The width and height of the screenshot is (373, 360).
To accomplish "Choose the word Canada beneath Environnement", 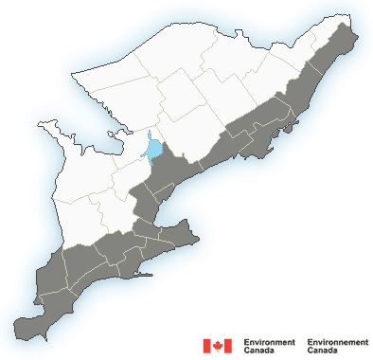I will click(323, 350).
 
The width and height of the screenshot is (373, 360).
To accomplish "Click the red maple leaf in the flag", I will click(218, 345).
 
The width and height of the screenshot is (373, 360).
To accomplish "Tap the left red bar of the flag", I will click(206, 345).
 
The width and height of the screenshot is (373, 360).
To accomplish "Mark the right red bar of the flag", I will click(228, 345).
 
